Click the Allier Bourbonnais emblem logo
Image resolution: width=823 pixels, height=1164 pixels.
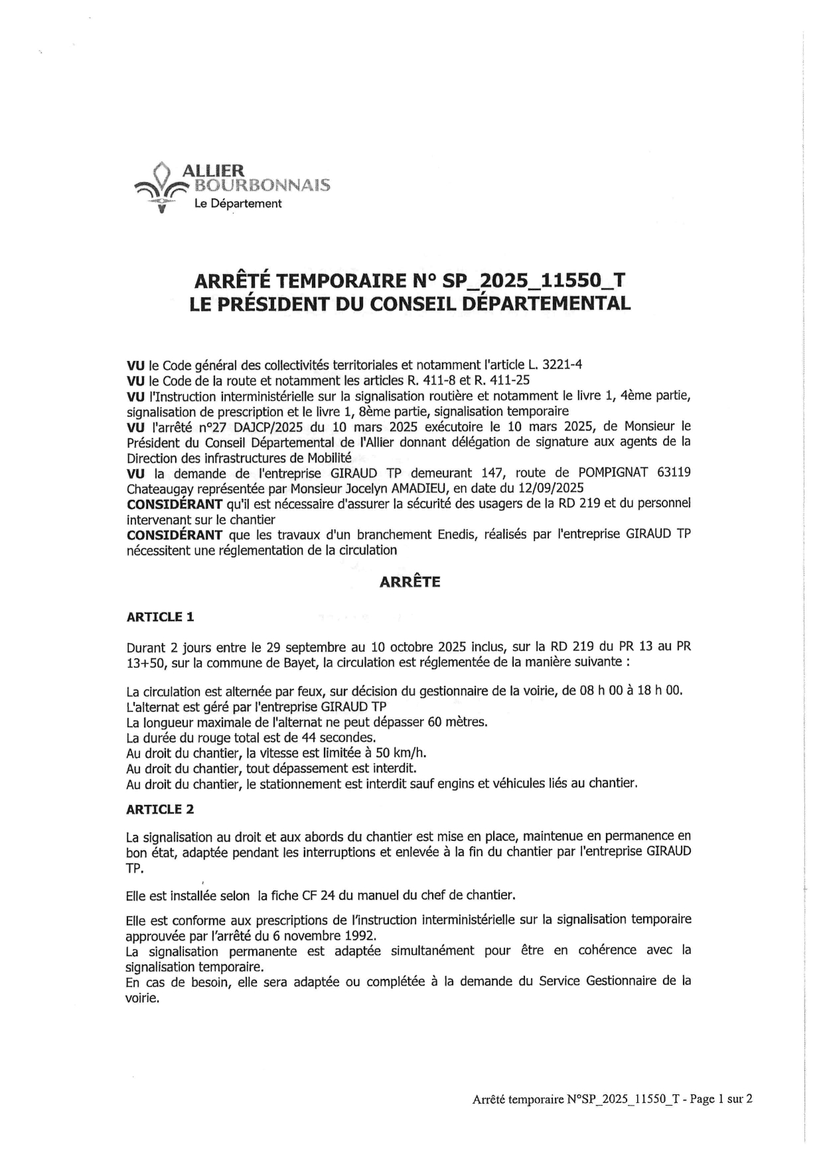(158, 188)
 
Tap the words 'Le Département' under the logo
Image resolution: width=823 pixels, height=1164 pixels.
(237, 204)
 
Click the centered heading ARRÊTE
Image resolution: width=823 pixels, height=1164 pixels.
(410, 582)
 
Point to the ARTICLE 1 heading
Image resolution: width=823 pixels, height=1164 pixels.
(160, 617)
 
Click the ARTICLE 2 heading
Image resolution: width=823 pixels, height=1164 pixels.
(160, 809)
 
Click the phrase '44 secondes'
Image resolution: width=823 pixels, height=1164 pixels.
(342, 737)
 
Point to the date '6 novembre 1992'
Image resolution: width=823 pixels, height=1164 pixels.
(328, 936)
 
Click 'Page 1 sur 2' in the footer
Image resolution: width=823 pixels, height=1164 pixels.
(721, 1099)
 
